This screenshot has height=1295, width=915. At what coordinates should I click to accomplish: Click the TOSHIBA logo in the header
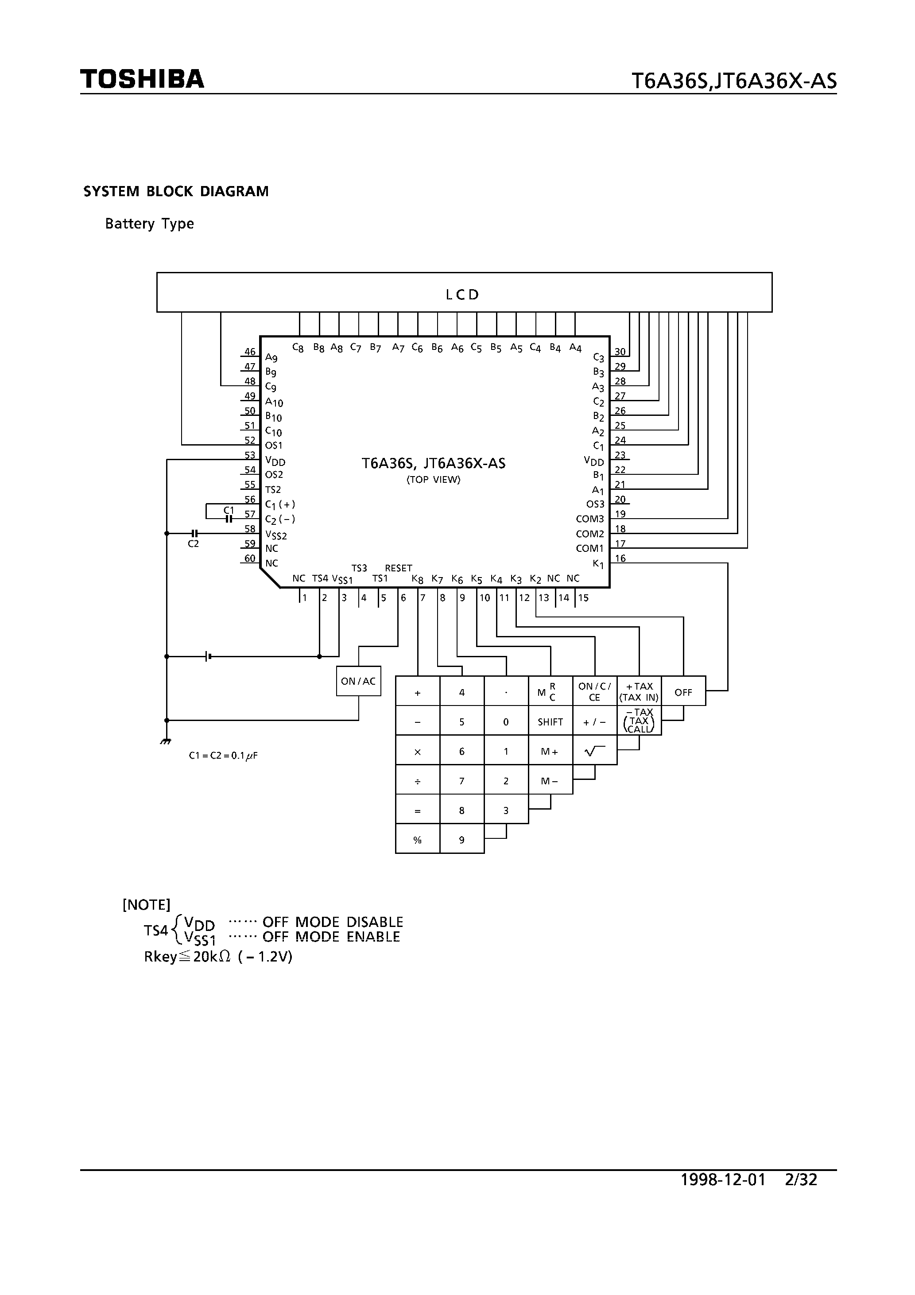[142, 79]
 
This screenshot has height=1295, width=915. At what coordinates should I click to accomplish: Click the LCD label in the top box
[462, 295]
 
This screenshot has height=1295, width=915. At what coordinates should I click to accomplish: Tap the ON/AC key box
[358, 681]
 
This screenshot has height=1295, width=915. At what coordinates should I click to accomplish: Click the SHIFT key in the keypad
[550, 722]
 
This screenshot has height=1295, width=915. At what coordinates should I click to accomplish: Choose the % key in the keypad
[418, 840]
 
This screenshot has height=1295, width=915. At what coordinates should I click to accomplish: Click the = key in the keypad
[418, 810]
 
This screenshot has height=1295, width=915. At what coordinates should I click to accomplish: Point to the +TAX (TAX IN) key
[639, 691]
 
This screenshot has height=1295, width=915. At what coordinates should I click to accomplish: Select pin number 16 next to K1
[620, 558]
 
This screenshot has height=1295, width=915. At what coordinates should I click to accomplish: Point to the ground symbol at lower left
[165, 742]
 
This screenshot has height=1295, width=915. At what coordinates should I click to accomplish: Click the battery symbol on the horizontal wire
[208, 656]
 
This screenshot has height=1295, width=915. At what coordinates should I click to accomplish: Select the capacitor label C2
[193, 544]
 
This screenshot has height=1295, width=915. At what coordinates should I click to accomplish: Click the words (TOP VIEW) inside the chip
[433, 480]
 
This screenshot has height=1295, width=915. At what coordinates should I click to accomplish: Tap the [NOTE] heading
[146, 905]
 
